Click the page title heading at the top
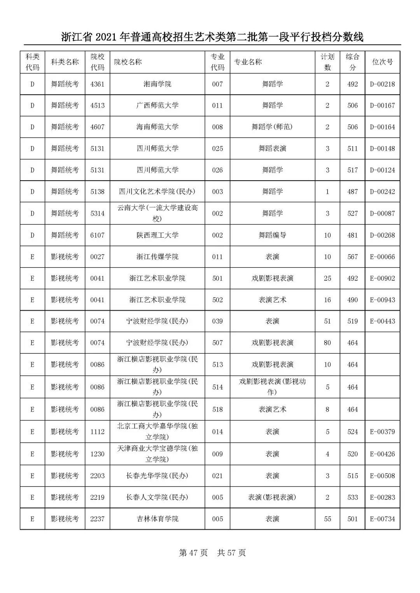pyautogui.click(x=212, y=37)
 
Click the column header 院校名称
pyautogui.click(x=128, y=62)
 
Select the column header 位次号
pyautogui.click(x=382, y=62)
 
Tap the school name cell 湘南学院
pyautogui.click(x=157, y=84)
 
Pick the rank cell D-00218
pyautogui.click(x=382, y=84)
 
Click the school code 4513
pyautogui.click(x=97, y=106)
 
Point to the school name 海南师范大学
pyautogui.click(x=157, y=127)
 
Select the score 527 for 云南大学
pyautogui.click(x=352, y=214)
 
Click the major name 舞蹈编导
pyautogui.click(x=272, y=235)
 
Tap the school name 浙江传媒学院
pyautogui.click(x=157, y=257)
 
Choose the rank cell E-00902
pyautogui.click(x=382, y=278)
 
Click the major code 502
pyautogui.click(x=217, y=300)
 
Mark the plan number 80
pyautogui.click(x=327, y=343)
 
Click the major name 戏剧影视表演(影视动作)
pyautogui.click(x=272, y=387)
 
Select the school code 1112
pyautogui.click(x=97, y=432)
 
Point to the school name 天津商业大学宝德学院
pyautogui.click(x=157, y=454)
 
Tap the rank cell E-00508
pyautogui.click(x=382, y=476)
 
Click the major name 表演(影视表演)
pyautogui.click(x=272, y=497)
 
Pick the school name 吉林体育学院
pyautogui.click(x=157, y=519)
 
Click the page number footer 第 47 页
pyautogui.click(x=193, y=553)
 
